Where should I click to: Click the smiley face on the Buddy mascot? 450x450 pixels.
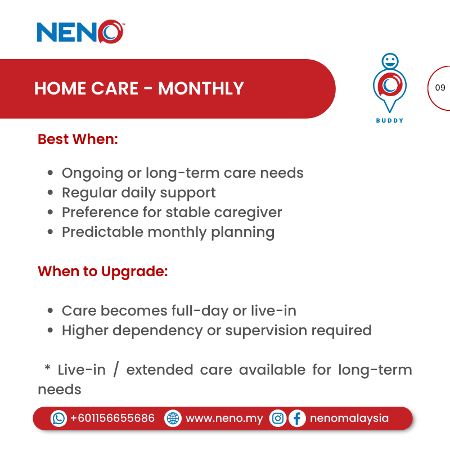click(389, 61)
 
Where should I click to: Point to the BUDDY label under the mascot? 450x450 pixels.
click(389, 120)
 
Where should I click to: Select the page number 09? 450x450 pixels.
click(440, 88)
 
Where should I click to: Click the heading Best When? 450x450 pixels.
click(78, 139)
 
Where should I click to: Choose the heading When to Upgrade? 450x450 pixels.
click(103, 271)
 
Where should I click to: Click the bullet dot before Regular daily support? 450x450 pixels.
click(51, 193)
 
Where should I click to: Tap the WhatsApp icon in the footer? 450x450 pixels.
click(58, 418)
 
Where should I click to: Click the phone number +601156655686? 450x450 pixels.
click(112, 418)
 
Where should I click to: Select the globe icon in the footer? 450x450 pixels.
click(173, 418)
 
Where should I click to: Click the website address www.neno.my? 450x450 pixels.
click(224, 418)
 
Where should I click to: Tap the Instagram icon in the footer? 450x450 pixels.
click(278, 418)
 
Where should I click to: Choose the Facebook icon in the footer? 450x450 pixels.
click(297, 418)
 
